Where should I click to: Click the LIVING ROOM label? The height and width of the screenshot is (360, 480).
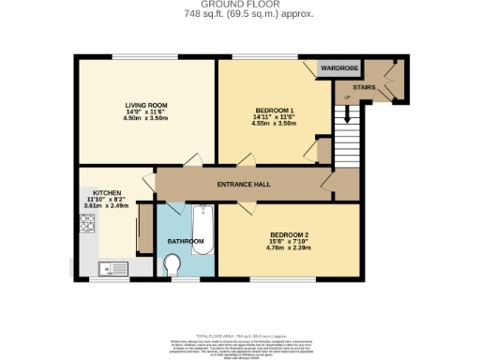click(146, 105)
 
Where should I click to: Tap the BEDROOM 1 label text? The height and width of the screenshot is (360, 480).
click(275, 112)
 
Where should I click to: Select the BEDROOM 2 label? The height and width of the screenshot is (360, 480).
click(290, 233)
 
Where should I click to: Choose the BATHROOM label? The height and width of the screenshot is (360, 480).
click(186, 241)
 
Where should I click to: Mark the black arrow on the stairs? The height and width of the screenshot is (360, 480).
click(346, 114)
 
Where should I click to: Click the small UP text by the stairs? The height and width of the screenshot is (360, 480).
click(347, 97)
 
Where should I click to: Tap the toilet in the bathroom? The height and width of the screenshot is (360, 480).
click(174, 268)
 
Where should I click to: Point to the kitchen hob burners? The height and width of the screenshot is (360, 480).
click(87, 223)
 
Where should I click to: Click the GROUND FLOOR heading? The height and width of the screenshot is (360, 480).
click(241, 5)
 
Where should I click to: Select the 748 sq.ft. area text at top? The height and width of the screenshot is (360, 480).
click(241, 14)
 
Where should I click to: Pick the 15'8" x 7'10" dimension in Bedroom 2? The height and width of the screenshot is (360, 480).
click(290, 241)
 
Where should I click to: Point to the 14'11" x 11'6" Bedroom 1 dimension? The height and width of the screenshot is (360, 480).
click(275, 119)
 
